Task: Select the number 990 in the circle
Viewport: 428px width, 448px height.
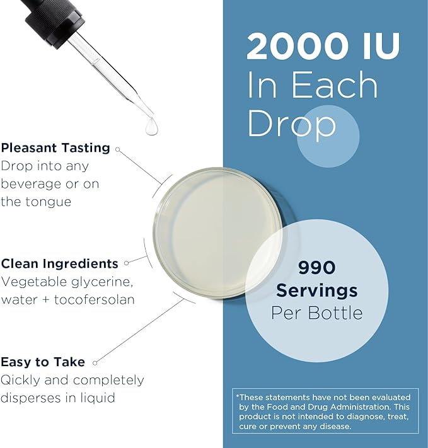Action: tap(316, 268)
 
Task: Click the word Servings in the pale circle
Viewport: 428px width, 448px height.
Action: tap(316, 290)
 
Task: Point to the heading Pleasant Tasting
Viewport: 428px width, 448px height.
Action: tap(55, 148)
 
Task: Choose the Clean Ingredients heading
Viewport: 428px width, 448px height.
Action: tap(59, 263)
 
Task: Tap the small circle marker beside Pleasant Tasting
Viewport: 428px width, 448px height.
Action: tap(117, 150)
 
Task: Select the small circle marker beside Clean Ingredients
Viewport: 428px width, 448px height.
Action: tap(126, 263)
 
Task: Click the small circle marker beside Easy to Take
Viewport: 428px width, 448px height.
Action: tap(98, 362)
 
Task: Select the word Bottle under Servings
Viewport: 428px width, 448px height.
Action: tap(340, 313)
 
